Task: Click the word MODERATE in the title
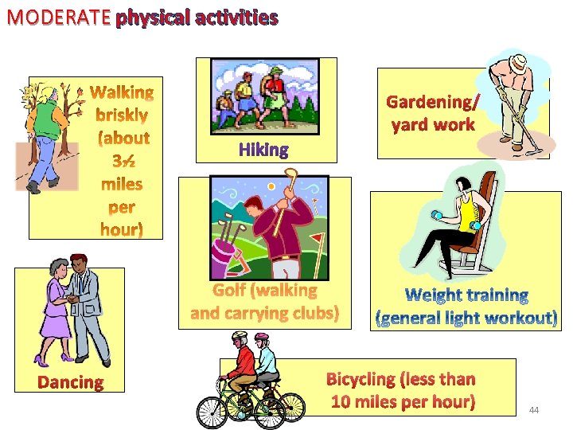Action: (57, 17)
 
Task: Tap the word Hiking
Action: (263, 150)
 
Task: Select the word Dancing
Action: (71, 382)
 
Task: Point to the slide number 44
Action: (534, 410)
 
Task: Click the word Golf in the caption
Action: (228, 291)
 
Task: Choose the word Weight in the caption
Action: (436, 296)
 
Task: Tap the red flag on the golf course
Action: (316, 237)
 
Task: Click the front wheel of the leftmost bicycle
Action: (212, 412)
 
